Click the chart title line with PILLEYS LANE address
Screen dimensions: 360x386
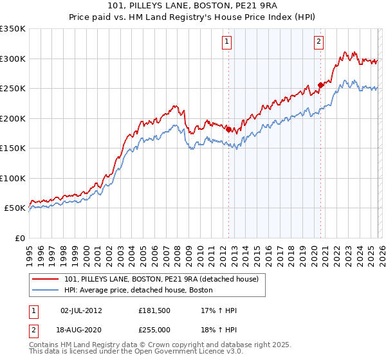[x=193, y=6]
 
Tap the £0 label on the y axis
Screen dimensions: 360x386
[x=19, y=239]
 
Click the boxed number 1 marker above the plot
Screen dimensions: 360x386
[x=228, y=42]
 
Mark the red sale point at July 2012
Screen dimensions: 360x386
[x=228, y=129]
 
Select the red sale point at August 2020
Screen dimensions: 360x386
[x=320, y=85]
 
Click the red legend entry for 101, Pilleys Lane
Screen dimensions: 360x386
[x=161, y=279]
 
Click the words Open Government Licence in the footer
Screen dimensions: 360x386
[x=192, y=352]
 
